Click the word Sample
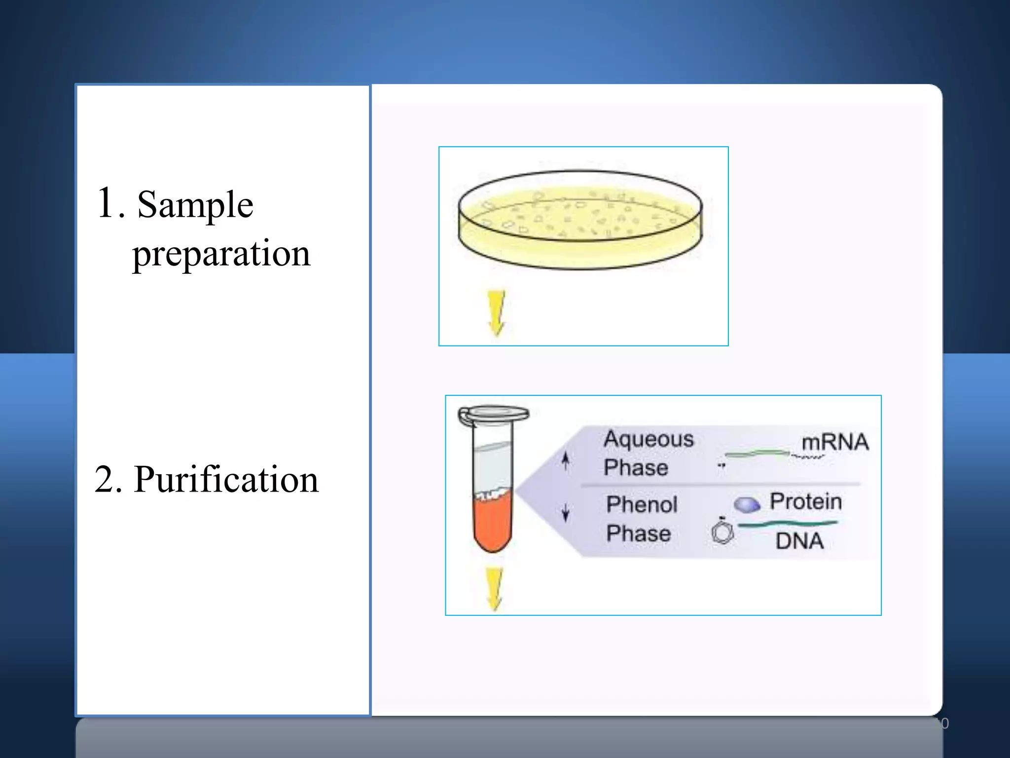click(195, 204)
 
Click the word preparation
click(221, 254)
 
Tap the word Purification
click(226, 480)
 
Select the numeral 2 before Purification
click(108, 480)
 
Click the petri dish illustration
click(580, 220)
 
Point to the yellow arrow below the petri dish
click(496, 312)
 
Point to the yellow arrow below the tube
click(494, 589)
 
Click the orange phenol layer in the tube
click(492, 523)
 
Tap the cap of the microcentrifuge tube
click(493, 414)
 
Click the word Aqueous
click(649, 439)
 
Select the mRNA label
click(834, 442)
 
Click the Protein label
click(806, 501)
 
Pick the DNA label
click(799, 541)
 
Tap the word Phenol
click(642, 504)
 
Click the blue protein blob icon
click(747, 504)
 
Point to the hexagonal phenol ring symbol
click(722, 533)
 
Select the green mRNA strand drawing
click(757, 453)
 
